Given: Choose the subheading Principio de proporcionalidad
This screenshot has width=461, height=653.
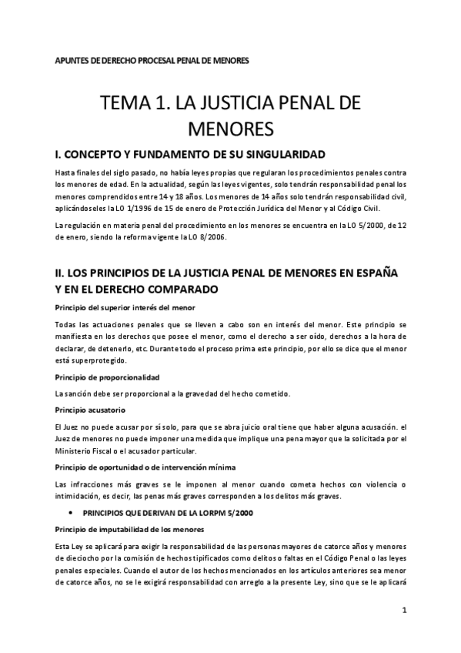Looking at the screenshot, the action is coord(107,377).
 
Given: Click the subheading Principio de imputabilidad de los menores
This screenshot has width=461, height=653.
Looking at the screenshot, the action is coord(129,530).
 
